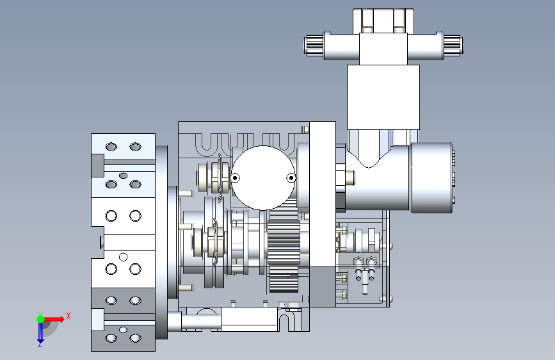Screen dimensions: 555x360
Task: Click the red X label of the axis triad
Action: pos(68,316)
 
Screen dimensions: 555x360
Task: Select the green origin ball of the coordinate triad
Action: pos(40,319)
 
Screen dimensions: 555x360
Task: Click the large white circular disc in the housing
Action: pos(263,177)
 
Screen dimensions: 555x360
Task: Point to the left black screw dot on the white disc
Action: pos(235,178)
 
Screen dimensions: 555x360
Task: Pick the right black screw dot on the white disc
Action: pos(291,178)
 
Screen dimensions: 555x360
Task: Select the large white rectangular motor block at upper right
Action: pos(383,97)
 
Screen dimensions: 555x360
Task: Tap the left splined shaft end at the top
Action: pos(314,45)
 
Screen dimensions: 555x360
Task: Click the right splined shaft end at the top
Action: pos(453,45)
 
